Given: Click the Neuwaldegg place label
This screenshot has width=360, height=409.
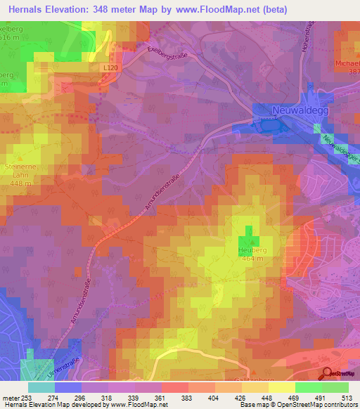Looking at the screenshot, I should [300, 111].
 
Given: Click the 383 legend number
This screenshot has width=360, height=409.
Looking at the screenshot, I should [188, 397].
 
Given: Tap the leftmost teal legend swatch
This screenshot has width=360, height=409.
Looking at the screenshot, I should [41, 387].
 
